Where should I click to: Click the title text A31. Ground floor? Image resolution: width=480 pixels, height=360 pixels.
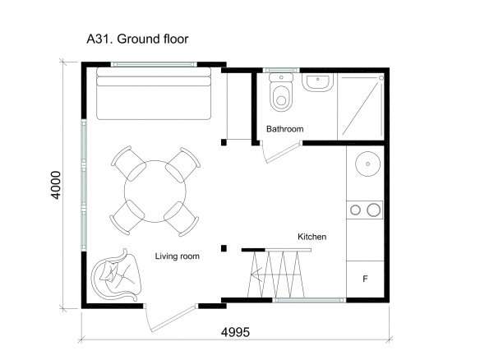137,39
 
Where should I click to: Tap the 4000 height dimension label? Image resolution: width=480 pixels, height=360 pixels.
56,185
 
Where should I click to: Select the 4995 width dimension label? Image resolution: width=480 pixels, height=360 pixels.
235,332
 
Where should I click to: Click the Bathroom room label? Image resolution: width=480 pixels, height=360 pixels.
284,129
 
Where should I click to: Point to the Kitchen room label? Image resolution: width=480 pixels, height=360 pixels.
312,237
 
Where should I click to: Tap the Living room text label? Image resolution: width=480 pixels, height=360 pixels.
177,256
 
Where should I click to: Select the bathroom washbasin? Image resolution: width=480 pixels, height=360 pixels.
318,82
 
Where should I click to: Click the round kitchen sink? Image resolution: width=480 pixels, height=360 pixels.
367,164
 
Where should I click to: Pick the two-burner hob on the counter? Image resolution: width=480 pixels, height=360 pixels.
365,210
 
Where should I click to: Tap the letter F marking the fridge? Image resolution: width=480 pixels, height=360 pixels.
365,279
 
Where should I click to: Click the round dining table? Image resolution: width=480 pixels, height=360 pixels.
155,192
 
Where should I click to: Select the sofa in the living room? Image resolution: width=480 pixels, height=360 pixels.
154,94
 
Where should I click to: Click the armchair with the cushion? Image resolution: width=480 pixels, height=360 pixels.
117,275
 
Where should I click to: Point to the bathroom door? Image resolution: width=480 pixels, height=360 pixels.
282,152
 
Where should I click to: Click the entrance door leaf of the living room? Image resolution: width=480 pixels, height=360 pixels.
173,319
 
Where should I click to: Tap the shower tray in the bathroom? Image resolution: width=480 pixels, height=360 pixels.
361,106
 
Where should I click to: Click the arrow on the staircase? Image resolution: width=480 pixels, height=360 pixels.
275,275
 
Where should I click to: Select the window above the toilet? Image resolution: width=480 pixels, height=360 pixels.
281,71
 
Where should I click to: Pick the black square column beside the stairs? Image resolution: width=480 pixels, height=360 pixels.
224,248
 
